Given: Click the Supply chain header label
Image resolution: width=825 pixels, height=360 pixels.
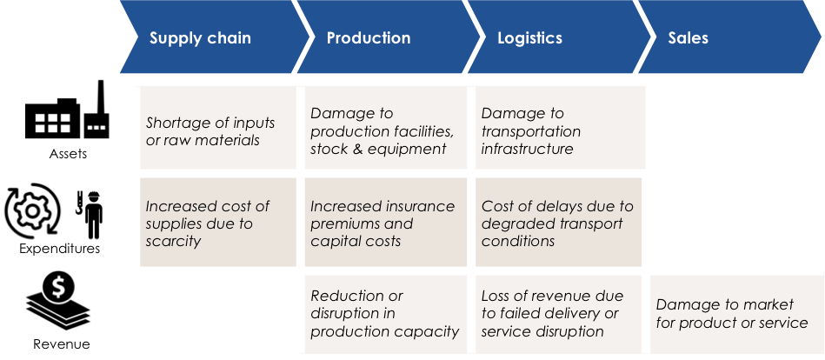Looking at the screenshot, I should click(x=200, y=38).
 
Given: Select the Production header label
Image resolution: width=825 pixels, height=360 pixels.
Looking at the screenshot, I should click(x=369, y=38).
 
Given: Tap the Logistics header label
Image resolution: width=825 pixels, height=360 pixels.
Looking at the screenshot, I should click(x=529, y=38).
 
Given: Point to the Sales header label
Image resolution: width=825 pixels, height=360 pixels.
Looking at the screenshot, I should click(x=688, y=38).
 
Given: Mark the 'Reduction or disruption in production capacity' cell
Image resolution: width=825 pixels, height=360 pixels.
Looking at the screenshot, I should click(x=384, y=313).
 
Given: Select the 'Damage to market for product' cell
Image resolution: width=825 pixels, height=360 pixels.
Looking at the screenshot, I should click(x=732, y=313).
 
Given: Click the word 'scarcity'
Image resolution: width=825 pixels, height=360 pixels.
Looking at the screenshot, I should click(x=173, y=241).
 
